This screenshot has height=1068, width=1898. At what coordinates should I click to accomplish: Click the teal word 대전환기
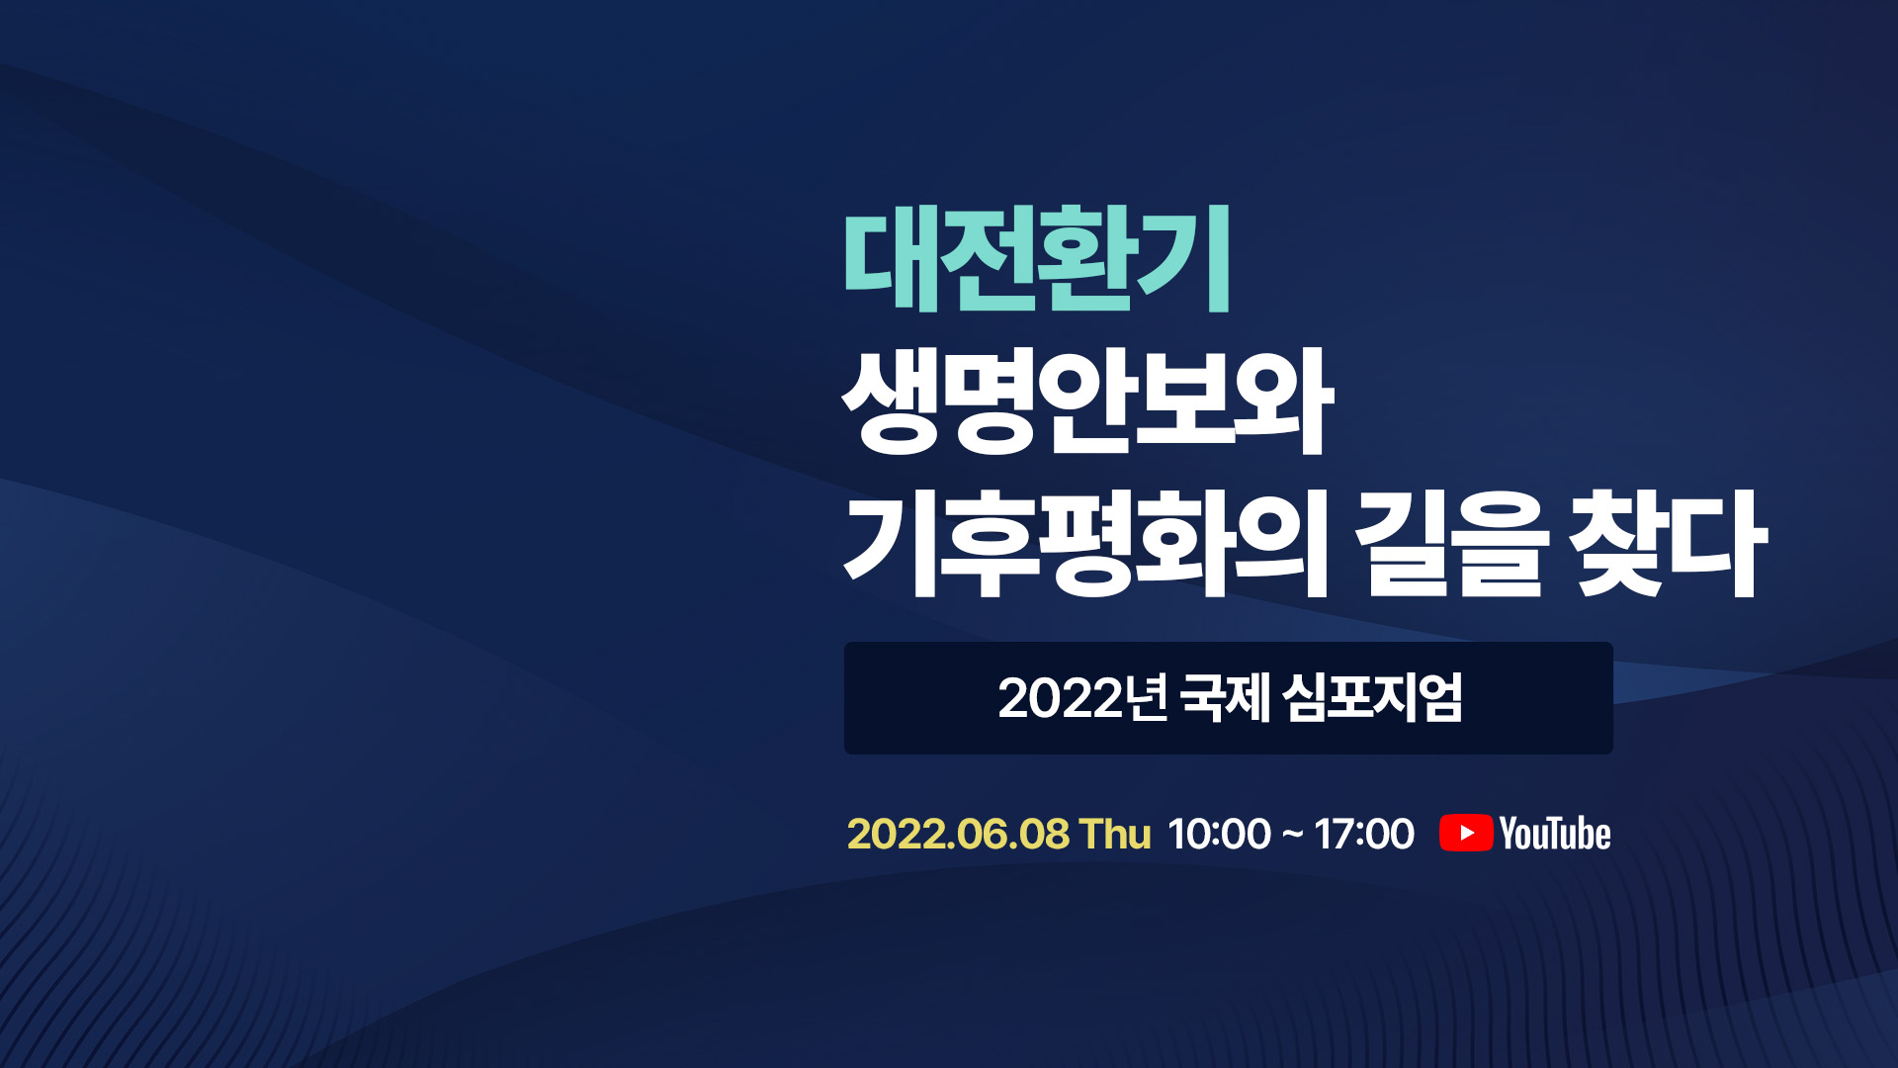1037,259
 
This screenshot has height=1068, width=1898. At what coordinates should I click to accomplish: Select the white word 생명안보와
1087,401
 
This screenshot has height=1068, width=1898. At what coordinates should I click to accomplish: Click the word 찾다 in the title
1671,544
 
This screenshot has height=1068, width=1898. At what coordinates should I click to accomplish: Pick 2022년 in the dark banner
1083,698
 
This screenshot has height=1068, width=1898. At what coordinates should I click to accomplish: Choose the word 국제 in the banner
1226,698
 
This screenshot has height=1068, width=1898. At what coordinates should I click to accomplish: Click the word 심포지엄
1373,698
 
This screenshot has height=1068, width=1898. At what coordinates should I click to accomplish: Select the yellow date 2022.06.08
958,834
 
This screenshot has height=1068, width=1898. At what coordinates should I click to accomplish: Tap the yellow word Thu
1115,834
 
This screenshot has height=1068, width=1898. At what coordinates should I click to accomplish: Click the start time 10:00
1219,834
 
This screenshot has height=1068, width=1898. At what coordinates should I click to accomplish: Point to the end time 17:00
1364,834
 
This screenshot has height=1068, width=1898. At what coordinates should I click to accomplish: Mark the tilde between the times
1292,835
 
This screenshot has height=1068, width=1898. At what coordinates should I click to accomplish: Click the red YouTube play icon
1466,833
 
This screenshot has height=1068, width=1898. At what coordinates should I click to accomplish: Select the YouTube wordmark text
1555,834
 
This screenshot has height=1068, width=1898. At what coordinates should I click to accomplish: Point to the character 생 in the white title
890,401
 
